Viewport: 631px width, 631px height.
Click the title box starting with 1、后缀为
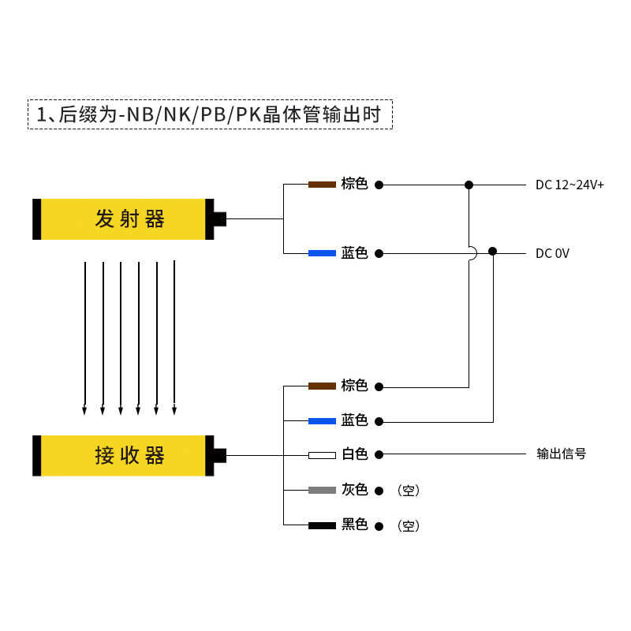click(x=210, y=114)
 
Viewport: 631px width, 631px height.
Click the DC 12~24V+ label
click(x=569, y=185)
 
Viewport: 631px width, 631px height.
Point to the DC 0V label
click(x=552, y=253)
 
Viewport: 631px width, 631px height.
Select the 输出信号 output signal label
click(x=562, y=454)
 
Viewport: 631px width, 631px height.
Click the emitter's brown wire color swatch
click(x=322, y=185)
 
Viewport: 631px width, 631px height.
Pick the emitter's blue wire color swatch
click(x=322, y=253)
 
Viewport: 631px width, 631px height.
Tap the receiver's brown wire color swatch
click(x=322, y=386)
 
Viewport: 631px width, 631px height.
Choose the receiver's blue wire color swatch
click(x=322, y=421)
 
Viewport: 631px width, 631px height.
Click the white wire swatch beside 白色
click(x=322, y=455)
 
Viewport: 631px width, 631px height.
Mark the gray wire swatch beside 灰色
click(x=322, y=490)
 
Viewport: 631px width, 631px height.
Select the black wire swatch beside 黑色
click(x=322, y=525)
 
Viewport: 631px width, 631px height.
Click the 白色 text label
click(x=354, y=455)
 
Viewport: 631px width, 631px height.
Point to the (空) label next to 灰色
click(x=409, y=491)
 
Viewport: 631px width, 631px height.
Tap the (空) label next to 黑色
click(x=409, y=525)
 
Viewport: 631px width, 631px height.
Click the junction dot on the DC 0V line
click(x=493, y=252)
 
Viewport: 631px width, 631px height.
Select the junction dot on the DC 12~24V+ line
click(x=469, y=185)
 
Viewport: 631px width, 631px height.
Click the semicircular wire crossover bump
click(x=472, y=253)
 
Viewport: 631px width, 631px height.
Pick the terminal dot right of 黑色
click(x=379, y=525)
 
